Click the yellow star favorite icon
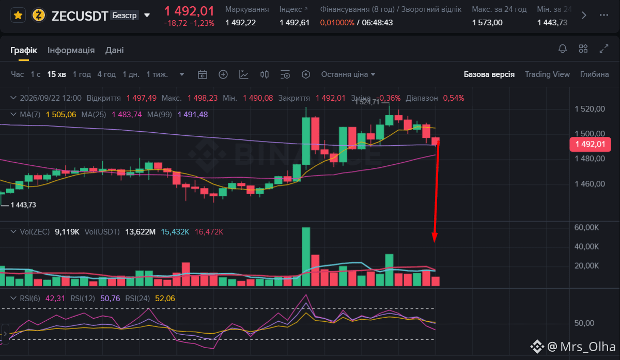point(18,15)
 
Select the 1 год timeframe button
point(82,74)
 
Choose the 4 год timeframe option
point(106,74)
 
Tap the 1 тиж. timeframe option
point(157,74)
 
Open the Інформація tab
point(71,51)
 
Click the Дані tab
point(114,51)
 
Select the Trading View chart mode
point(547,74)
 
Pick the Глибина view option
point(594,74)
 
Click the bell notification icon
point(563,49)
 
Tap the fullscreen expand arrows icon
point(604,49)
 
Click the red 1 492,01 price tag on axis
point(590,144)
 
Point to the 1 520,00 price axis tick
point(590,109)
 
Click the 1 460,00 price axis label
point(590,184)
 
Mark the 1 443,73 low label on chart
point(23,205)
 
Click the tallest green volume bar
point(306,257)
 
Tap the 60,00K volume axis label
point(586,227)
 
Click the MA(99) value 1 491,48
point(193,115)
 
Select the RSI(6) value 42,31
point(55,299)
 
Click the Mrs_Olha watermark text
point(587,347)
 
